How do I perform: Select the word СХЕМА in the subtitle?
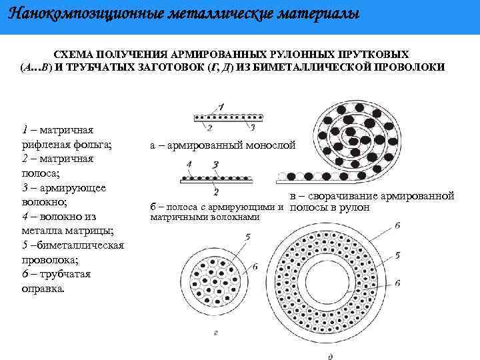[x=75, y=53]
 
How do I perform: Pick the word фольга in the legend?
[x=94, y=143]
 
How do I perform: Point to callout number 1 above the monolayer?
[x=221, y=106]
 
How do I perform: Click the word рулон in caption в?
[x=365, y=207]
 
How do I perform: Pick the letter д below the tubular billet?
[x=331, y=355]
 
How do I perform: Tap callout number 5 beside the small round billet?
[x=247, y=237]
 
